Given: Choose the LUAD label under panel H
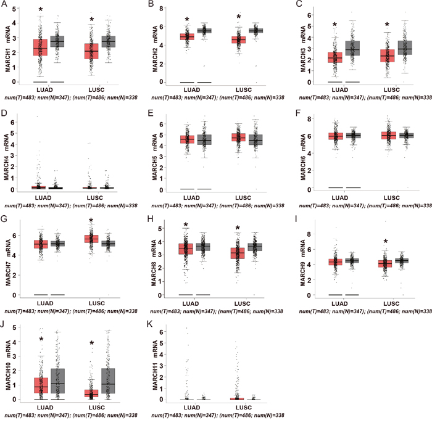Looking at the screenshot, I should [x=194, y=304].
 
